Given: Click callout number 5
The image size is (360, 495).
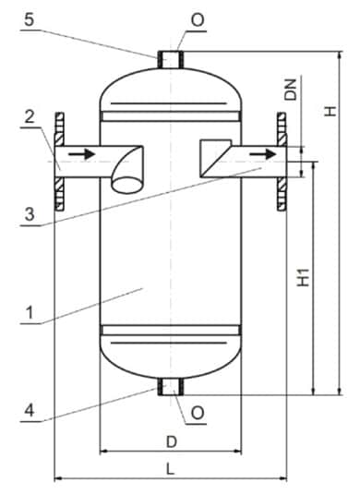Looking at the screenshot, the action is pyautogui.click(x=29, y=20).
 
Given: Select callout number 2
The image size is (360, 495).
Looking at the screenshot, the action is pyautogui.click(x=30, y=117).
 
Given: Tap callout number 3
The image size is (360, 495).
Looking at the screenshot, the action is pyautogui.click(x=30, y=214).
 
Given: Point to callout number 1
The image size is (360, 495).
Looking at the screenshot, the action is pyautogui.click(x=30, y=313).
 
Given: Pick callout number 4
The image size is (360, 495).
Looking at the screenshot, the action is pyautogui.click(x=30, y=411).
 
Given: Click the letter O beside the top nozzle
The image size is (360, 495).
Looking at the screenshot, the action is pyautogui.click(x=198, y=20).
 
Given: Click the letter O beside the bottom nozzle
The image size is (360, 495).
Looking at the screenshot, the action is pyautogui.click(x=198, y=413).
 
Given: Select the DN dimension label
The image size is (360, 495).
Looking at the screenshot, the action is pyautogui.click(x=291, y=90).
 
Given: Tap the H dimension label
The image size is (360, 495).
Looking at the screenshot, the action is pyautogui.click(x=330, y=111).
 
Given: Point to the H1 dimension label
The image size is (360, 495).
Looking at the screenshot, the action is pyautogui.click(x=304, y=278).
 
